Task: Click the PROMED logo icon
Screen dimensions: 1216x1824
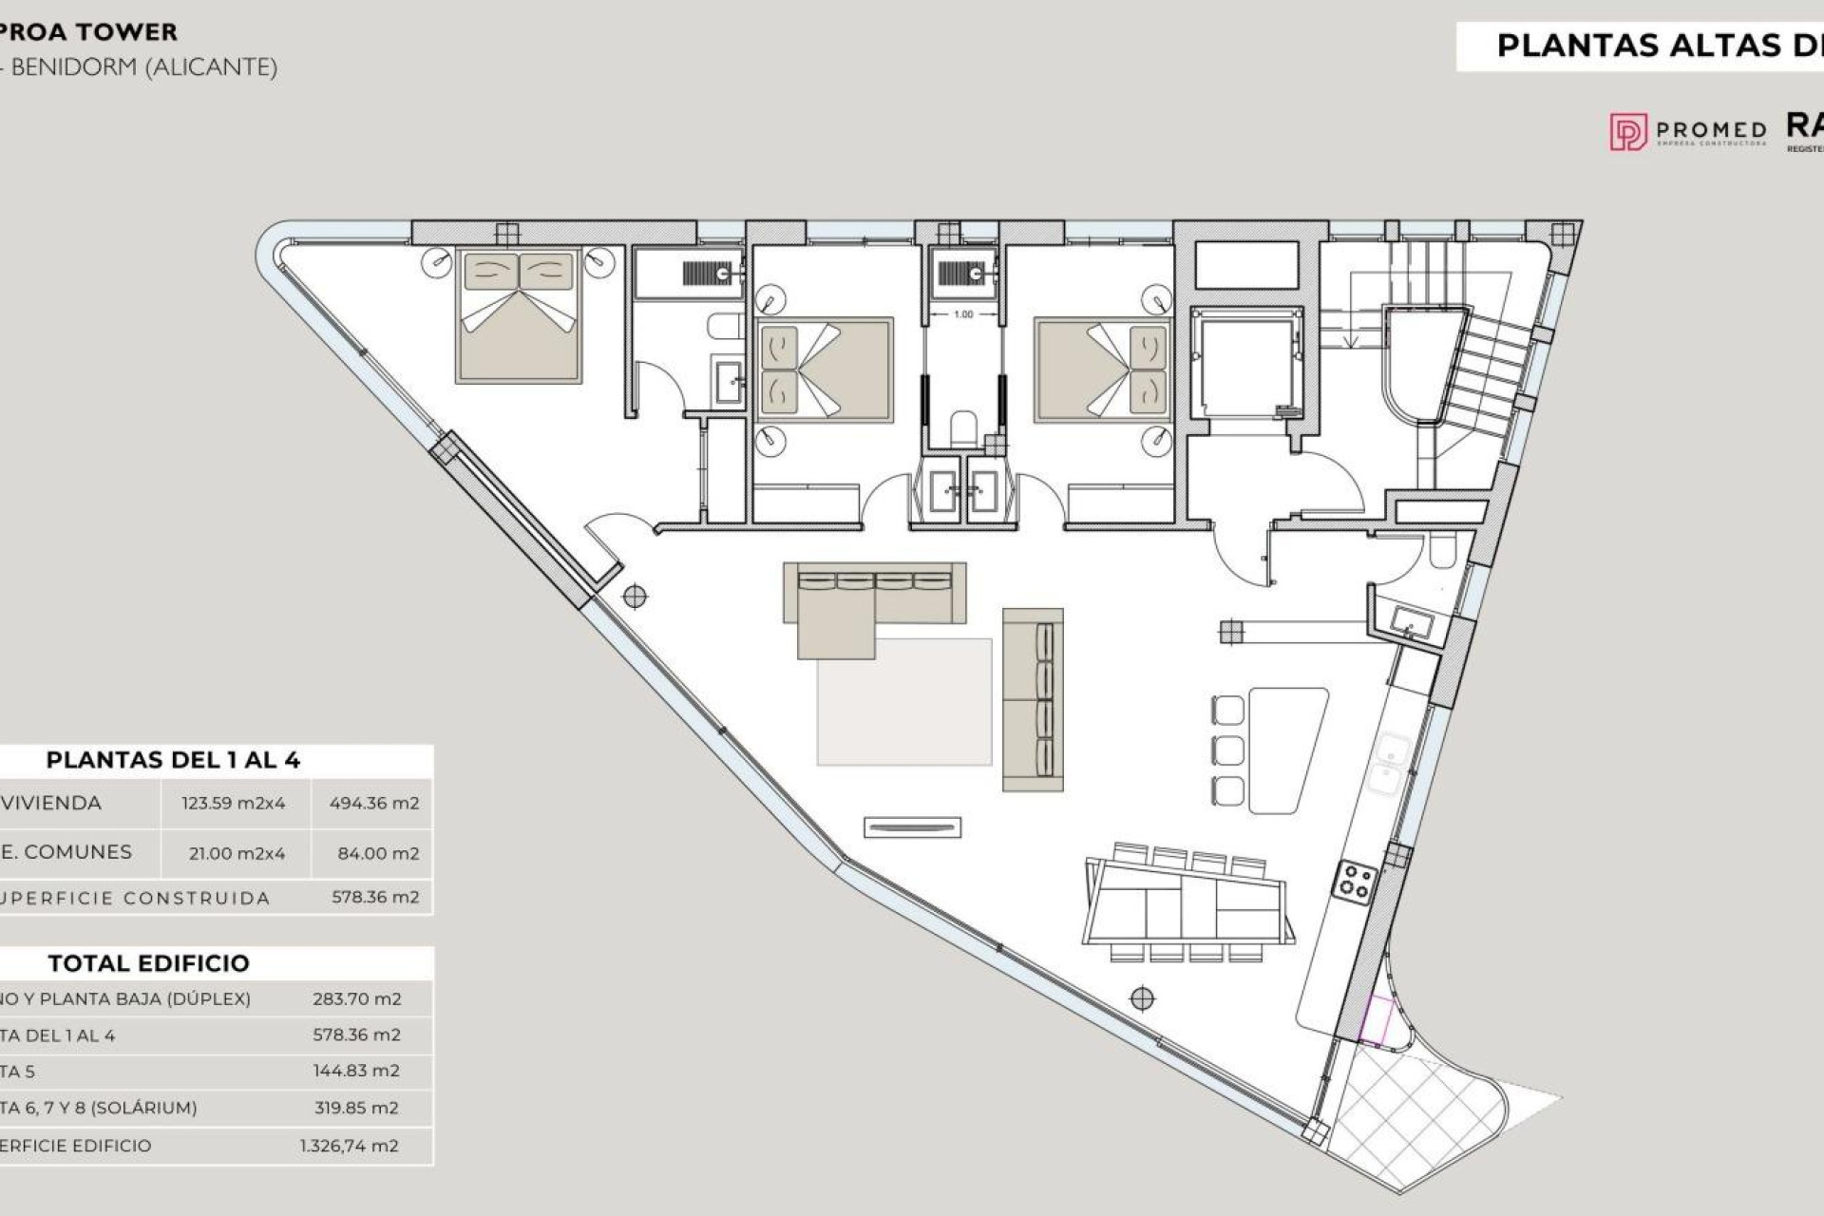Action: pyautogui.click(x=1628, y=132)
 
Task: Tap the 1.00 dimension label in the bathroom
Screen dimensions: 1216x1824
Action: pyautogui.click(x=963, y=313)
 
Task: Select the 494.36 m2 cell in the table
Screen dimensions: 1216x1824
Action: pyautogui.click(x=373, y=803)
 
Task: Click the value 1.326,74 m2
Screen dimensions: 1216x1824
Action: pyautogui.click(x=349, y=1146)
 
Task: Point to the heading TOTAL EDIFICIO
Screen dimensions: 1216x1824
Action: pyautogui.click(x=148, y=963)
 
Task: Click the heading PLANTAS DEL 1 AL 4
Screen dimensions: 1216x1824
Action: pyautogui.click(x=173, y=760)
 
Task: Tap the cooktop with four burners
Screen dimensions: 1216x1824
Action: pyautogui.click(x=1354, y=881)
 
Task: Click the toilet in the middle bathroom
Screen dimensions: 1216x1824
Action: pyautogui.click(x=963, y=428)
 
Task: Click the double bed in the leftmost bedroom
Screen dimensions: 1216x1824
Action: pyautogui.click(x=518, y=316)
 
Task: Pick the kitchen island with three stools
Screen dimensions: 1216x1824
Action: pyautogui.click(x=1287, y=750)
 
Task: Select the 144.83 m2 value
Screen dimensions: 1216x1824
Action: pyautogui.click(x=356, y=1071)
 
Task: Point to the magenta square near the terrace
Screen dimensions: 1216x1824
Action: pyautogui.click(x=1377, y=1021)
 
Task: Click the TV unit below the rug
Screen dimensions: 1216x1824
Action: pyautogui.click(x=912, y=827)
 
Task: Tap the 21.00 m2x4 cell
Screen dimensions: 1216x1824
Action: pyautogui.click(x=237, y=853)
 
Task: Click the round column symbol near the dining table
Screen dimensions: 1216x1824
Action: pyautogui.click(x=1142, y=998)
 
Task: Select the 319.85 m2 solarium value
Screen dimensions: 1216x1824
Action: pyautogui.click(x=356, y=1108)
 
